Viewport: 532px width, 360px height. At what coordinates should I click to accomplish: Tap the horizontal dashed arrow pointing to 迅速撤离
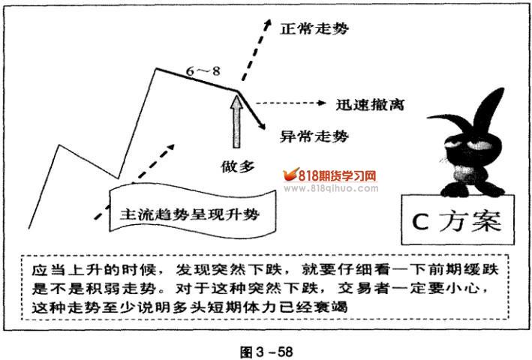(288, 103)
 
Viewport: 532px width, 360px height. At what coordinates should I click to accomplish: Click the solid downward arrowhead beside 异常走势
(262, 127)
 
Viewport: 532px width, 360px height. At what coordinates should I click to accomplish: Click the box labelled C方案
(458, 220)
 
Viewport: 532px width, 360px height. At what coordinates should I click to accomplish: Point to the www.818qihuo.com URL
(333, 189)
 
